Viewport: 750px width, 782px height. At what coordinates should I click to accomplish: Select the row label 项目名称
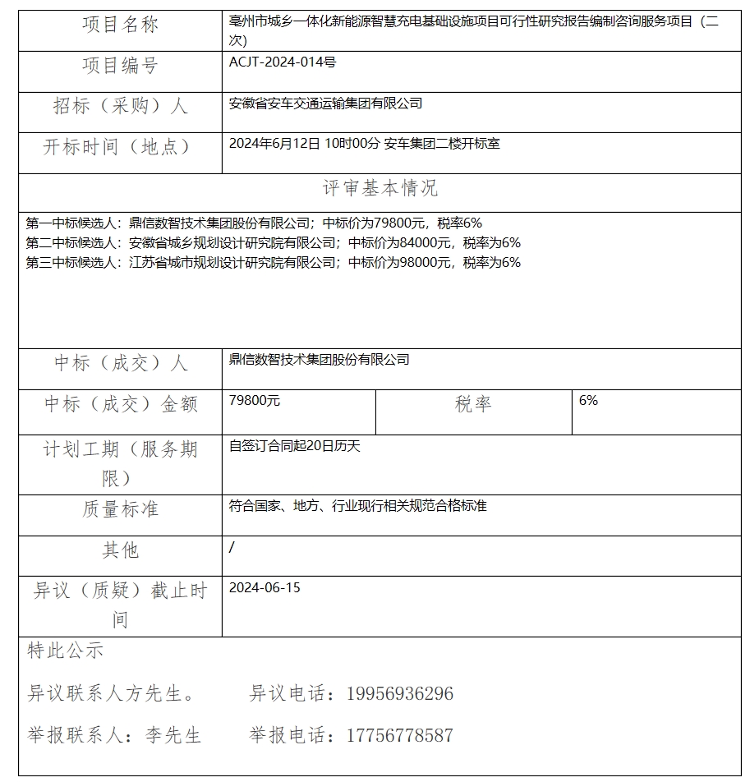pos(120,25)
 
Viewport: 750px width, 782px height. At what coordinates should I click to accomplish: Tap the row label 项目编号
pos(120,66)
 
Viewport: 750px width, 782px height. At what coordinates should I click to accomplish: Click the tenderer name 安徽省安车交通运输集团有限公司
pos(325,103)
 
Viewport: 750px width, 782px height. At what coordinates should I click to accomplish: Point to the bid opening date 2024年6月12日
pos(274,144)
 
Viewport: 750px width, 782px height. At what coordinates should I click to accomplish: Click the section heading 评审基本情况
pos(380,188)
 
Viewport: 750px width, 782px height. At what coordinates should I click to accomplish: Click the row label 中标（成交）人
pos(120,363)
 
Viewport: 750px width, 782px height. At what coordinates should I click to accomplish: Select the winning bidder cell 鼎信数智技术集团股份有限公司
pos(319,359)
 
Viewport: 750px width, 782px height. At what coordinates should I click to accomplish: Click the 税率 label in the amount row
pos(473,404)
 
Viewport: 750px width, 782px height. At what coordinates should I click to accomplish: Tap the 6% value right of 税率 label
pos(588,401)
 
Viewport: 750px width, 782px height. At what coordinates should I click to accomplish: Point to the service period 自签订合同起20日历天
pos(294,446)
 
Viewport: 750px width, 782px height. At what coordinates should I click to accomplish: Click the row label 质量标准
pos(120,509)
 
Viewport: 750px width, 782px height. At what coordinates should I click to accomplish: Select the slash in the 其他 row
pos(232,548)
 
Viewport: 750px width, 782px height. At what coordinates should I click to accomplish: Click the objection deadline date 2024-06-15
pos(265,587)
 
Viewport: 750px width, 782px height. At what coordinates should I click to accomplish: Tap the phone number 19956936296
pos(399,694)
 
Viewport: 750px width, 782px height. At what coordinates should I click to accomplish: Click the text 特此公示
pos(66,651)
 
